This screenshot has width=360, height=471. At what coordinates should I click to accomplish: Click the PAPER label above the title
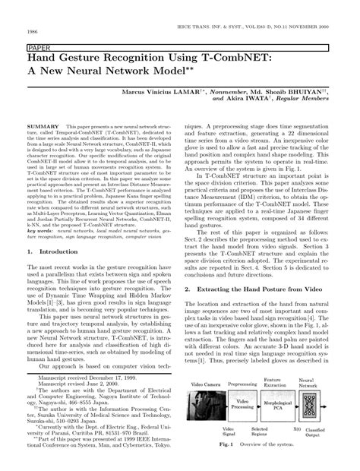tap(37, 46)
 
